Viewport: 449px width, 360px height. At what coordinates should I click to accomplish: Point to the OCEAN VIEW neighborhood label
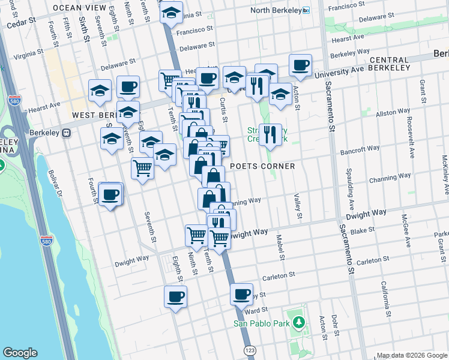76,8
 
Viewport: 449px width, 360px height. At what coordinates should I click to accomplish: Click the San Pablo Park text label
262,324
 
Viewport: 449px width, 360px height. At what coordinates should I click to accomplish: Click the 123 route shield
248,349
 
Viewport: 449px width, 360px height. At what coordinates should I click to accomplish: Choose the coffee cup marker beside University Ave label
300,65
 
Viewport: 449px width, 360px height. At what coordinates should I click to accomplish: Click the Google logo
20,353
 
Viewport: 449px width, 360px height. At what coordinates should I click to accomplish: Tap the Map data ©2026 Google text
411,355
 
